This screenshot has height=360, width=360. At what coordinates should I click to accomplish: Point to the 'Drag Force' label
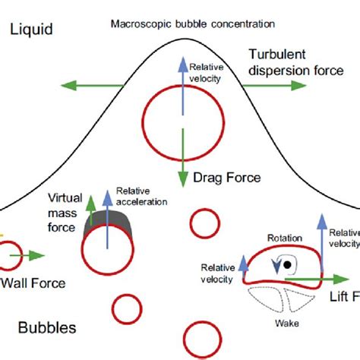click(227, 178)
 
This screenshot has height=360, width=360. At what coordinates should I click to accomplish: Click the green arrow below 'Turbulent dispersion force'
click(273, 85)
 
